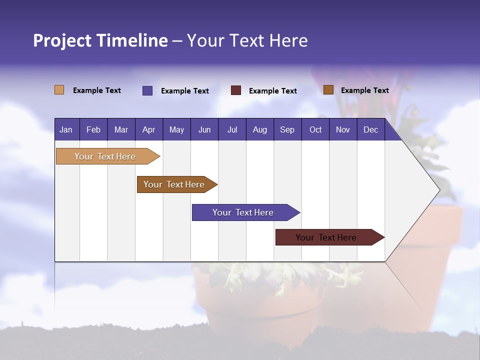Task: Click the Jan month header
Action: pyautogui.click(x=66, y=130)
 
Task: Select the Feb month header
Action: pyautogui.click(x=93, y=130)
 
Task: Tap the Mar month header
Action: pyautogui.click(x=121, y=130)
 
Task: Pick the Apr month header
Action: pyautogui.click(x=148, y=130)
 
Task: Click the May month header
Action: pyautogui.click(x=176, y=130)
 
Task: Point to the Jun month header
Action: pyautogui.click(x=204, y=130)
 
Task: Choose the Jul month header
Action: pyautogui.click(x=232, y=130)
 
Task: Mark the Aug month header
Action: pyautogui.click(x=259, y=130)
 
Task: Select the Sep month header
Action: pyautogui.click(x=287, y=130)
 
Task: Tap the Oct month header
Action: pyautogui.click(x=315, y=130)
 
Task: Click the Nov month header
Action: pyautogui.click(x=343, y=130)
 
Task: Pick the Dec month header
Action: pyautogui.click(x=370, y=130)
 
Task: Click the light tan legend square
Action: pyautogui.click(x=59, y=90)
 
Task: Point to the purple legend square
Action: pyautogui.click(x=147, y=90)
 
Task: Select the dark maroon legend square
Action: pyautogui.click(x=236, y=90)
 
